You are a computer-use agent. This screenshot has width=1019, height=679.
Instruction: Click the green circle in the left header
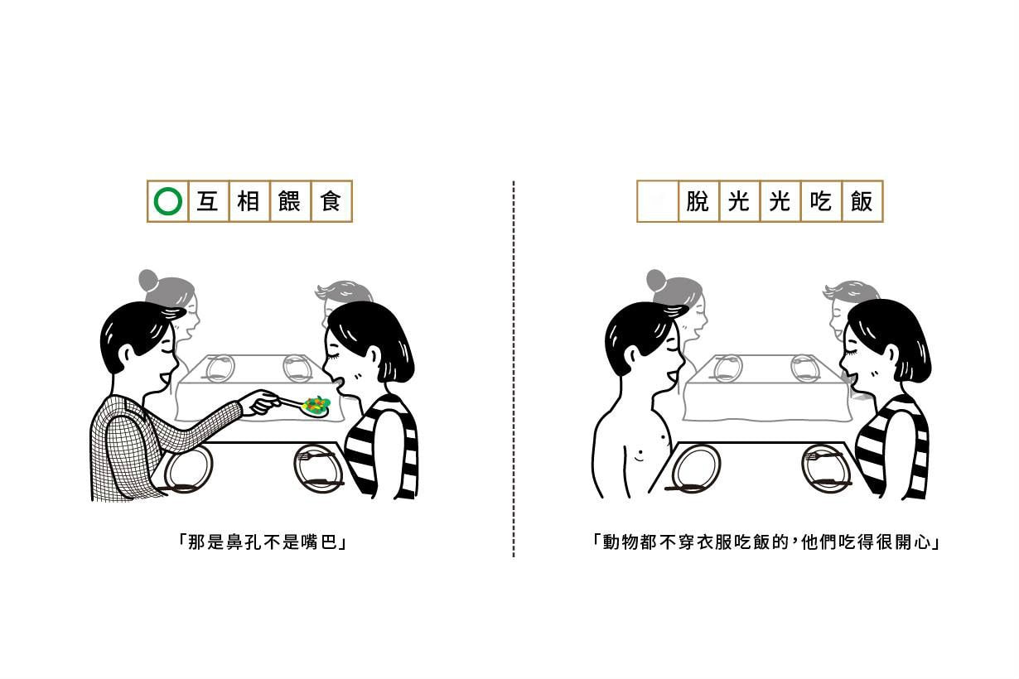[x=168, y=201]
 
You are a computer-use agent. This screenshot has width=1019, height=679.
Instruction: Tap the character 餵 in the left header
[x=289, y=201]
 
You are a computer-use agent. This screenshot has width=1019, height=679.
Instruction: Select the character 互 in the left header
[x=207, y=201]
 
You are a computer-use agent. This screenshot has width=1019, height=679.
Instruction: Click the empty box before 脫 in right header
[x=657, y=201]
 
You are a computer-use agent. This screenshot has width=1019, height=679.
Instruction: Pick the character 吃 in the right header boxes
[x=821, y=201]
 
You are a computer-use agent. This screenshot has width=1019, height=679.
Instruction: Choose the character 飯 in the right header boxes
[x=862, y=201]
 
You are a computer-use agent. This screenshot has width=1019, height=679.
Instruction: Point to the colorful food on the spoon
[x=317, y=405]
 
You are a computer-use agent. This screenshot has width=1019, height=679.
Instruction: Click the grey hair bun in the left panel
[x=147, y=279]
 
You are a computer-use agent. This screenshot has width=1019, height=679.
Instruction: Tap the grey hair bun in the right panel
[x=655, y=279]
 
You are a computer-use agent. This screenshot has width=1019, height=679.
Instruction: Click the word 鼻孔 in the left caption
[x=235, y=542]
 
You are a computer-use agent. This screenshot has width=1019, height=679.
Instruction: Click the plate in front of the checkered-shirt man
[x=188, y=469]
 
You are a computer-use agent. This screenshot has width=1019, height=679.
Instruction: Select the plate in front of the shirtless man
[x=696, y=469]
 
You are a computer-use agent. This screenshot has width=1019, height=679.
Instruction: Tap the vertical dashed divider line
[x=514, y=368]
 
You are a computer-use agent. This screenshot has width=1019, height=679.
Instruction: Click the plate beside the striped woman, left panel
[x=317, y=469]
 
